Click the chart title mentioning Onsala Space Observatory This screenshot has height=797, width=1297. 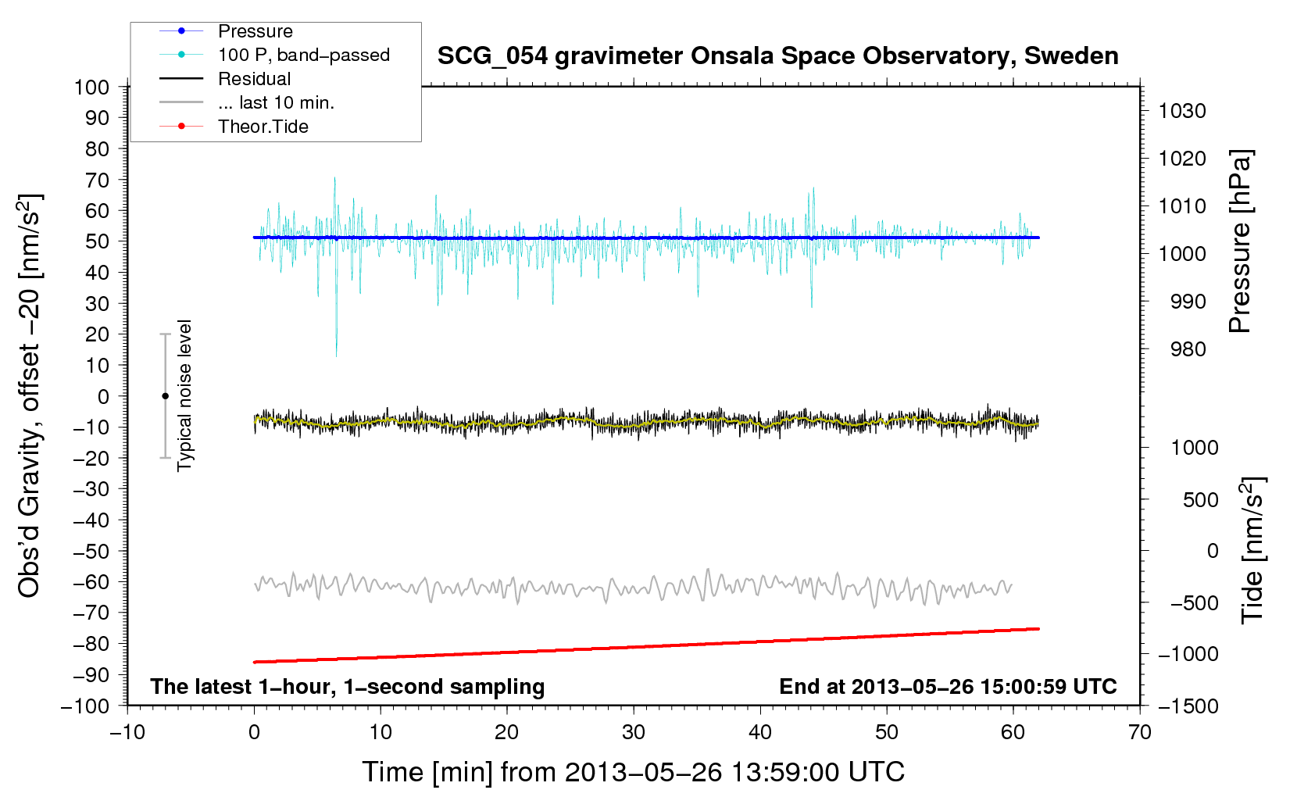(x=777, y=56)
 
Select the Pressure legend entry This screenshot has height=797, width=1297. (x=255, y=31)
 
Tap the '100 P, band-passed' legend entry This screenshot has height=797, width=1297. (x=303, y=55)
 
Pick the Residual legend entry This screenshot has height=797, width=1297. (x=254, y=79)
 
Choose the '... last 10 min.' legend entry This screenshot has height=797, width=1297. (x=276, y=102)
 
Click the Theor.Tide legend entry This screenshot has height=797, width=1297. (x=263, y=127)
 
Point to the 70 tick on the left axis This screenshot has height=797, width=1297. (x=97, y=180)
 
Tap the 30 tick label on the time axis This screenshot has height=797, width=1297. (x=634, y=732)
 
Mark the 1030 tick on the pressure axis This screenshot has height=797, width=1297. (x=1182, y=111)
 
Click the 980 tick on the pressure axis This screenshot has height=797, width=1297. (x=1188, y=349)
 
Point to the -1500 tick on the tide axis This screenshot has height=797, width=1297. (x=1188, y=706)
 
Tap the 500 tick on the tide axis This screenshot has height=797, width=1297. (x=1200, y=499)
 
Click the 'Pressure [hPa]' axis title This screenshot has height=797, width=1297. (x=1240, y=241)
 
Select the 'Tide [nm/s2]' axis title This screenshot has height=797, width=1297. (x=1252, y=549)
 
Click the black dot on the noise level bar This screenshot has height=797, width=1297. (x=166, y=396)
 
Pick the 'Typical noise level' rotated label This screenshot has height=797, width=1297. (x=184, y=395)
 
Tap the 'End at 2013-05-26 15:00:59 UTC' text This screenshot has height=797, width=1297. (x=948, y=686)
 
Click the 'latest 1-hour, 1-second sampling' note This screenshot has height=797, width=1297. (x=348, y=686)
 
